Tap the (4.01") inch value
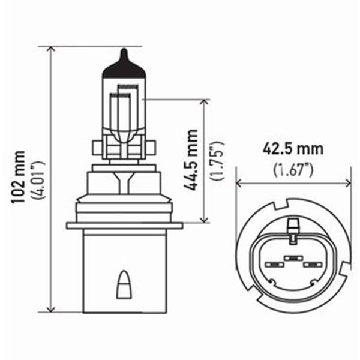click(40, 179)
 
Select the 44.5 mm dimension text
click(191, 159)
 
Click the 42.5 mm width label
click(292, 148)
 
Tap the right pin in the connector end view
click(311, 265)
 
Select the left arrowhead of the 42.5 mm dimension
click(239, 183)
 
